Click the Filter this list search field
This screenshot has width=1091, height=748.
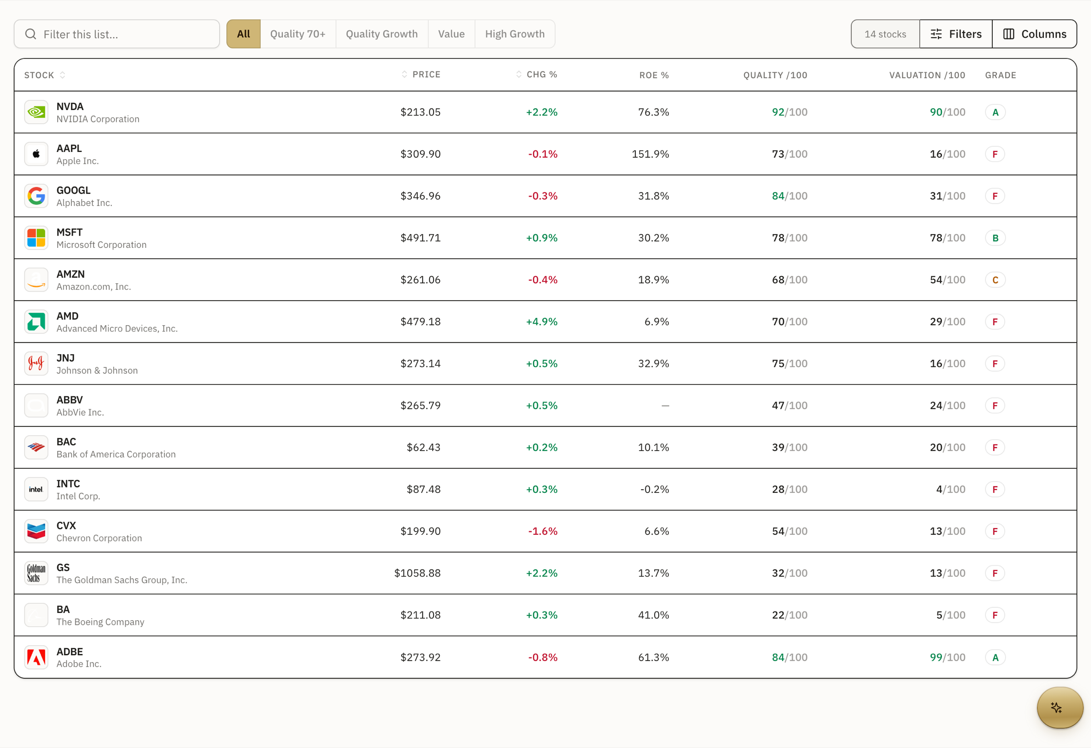[117, 34]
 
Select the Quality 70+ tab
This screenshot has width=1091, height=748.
[298, 34]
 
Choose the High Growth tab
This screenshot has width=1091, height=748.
[515, 34]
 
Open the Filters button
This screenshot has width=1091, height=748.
[956, 34]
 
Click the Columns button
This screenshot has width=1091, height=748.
[1034, 34]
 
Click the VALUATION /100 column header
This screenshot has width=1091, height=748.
[927, 75]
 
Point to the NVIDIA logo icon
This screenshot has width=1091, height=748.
[36, 112]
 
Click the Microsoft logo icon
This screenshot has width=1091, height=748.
[36, 238]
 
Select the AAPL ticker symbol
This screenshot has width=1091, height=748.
[69, 148]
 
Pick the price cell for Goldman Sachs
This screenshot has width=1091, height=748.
[417, 573]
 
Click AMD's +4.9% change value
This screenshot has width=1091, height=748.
[542, 321]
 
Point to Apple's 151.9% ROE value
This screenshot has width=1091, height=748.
[650, 154]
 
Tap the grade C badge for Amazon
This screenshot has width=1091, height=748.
[995, 280]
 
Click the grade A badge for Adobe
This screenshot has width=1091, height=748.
[995, 658]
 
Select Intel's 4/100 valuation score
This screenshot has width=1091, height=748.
[951, 489]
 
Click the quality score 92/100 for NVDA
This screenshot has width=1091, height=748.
[790, 112]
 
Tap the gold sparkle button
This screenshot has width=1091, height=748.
[1060, 708]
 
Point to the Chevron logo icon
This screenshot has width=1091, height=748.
[36, 531]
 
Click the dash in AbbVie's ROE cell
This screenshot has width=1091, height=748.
[665, 406]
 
